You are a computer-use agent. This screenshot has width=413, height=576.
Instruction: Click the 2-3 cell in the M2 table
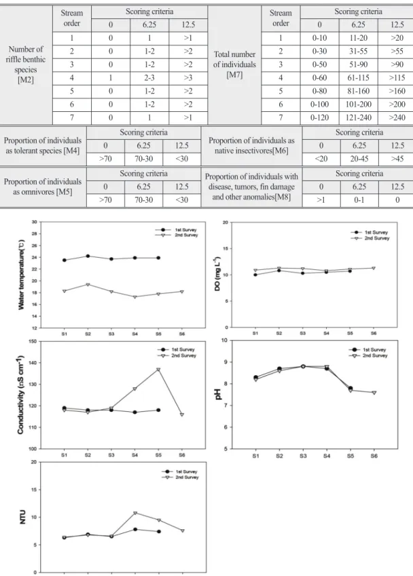(149, 78)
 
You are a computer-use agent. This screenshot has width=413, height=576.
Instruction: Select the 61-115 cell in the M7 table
(358, 78)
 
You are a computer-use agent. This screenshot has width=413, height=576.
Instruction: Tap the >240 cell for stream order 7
(397, 117)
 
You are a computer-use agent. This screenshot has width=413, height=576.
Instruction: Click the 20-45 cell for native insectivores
(359, 159)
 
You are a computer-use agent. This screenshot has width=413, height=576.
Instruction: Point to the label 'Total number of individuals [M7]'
(234, 64)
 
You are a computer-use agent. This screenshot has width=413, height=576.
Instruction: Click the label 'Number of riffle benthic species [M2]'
(26, 64)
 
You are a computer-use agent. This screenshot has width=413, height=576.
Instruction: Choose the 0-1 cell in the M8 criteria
(359, 200)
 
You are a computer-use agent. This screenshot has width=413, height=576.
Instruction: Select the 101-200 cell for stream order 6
(358, 104)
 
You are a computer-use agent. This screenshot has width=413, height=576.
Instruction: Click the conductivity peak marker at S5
(158, 370)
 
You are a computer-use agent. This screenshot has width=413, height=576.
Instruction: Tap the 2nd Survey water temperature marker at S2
(88, 285)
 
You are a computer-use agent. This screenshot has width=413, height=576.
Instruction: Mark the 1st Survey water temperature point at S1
(65, 260)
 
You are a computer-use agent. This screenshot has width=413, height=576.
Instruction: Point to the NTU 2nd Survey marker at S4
(135, 513)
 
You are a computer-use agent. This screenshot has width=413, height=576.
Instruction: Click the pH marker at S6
(374, 393)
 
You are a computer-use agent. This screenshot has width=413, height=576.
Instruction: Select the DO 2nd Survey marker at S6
(374, 268)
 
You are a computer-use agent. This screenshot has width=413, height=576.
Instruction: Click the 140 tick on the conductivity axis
(33, 363)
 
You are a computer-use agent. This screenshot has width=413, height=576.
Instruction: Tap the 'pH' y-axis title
(219, 394)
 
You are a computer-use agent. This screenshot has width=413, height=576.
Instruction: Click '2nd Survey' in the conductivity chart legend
(183, 356)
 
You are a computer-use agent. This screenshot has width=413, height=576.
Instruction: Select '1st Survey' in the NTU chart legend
(186, 472)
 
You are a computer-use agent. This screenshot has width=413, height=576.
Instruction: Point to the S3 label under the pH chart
(303, 456)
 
